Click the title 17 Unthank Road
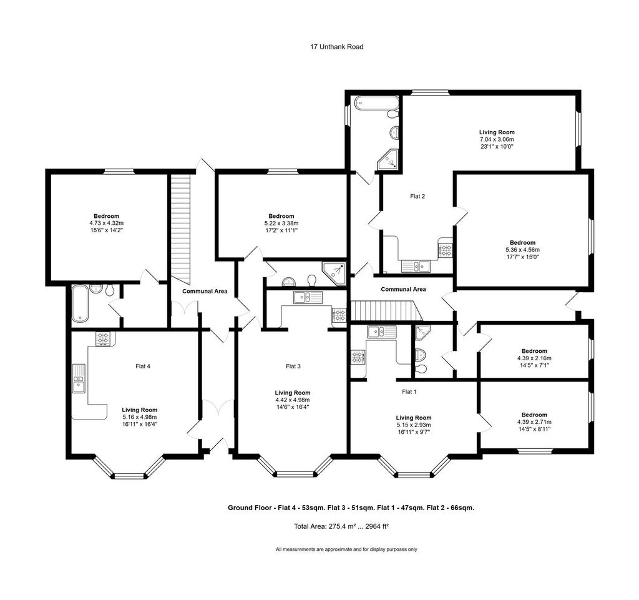click(x=336, y=47)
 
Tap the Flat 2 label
click(x=417, y=197)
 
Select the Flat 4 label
click(x=143, y=366)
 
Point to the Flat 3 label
click(x=293, y=366)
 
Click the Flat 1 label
click(x=409, y=392)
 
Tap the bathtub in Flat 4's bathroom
click(x=80, y=303)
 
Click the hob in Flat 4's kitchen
click(x=103, y=339)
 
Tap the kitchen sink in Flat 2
click(x=416, y=267)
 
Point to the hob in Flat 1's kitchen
click(x=358, y=357)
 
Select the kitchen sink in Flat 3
click(x=308, y=297)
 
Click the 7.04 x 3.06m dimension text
click(x=497, y=139)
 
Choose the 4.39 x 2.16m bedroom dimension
click(x=534, y=358)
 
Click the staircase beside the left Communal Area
click(x=180, y=229)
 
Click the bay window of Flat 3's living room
click(x=295, y=466)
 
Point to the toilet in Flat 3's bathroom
click(x=312, y=280)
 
